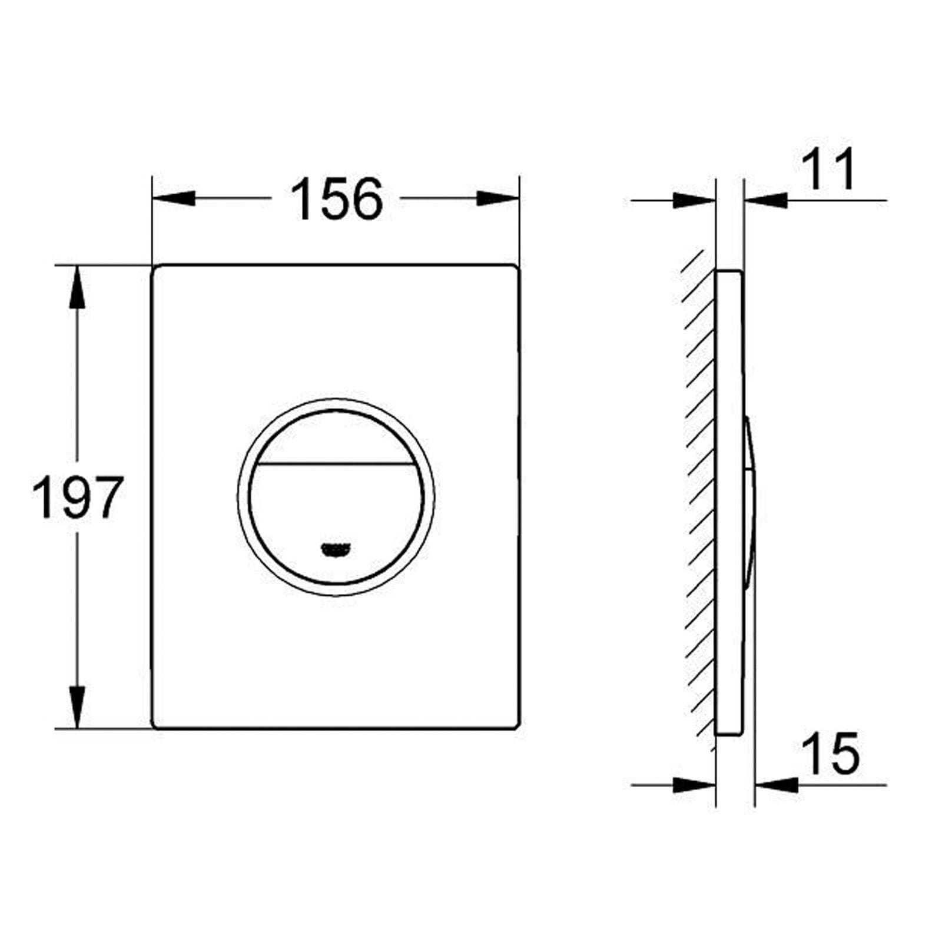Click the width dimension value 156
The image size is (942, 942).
337,199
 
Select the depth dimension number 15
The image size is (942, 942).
831,753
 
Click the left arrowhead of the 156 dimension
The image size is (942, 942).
174,198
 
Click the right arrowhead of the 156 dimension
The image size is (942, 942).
498,198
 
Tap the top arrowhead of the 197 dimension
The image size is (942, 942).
77,287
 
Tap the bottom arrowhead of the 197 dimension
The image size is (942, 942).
77,707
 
